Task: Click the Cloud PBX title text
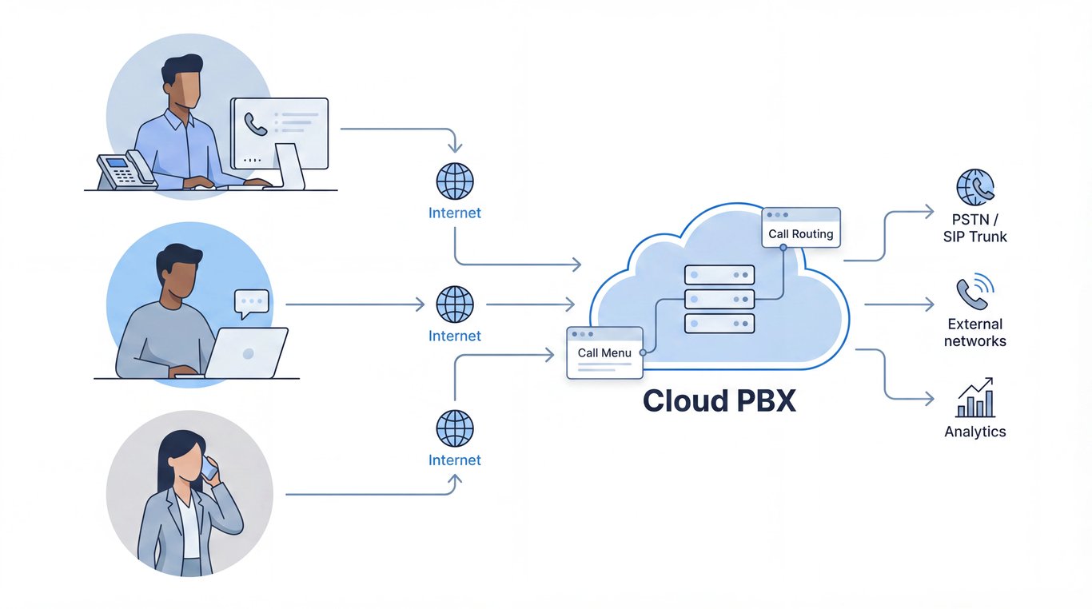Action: click(719, 400)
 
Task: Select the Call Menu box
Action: click(604, 352)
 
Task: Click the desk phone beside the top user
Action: click(126, 169)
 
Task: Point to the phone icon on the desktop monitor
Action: click(256, 123)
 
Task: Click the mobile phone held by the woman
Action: click(209, 468)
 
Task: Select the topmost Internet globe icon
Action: click(455, 181)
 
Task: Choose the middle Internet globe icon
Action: click(455, 304)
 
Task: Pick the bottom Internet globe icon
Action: click(455, 428)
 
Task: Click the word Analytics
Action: click(974, 432)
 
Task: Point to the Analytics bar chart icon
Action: click(975, 398)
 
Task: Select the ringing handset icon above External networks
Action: click(974, 293)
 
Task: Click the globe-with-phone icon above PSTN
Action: click(975, 188)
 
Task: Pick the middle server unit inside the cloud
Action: click(719, 299)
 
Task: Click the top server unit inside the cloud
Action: click(719, 275)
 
